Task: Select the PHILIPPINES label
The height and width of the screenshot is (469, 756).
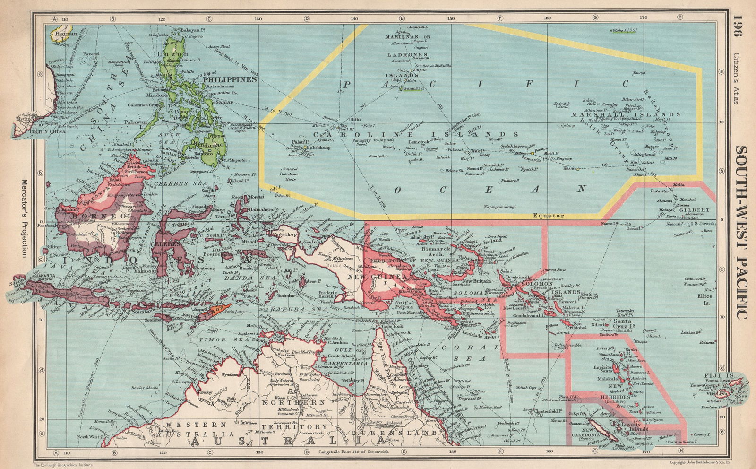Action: point(230,79)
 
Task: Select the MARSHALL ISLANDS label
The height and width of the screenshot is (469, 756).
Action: point(626,114)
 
